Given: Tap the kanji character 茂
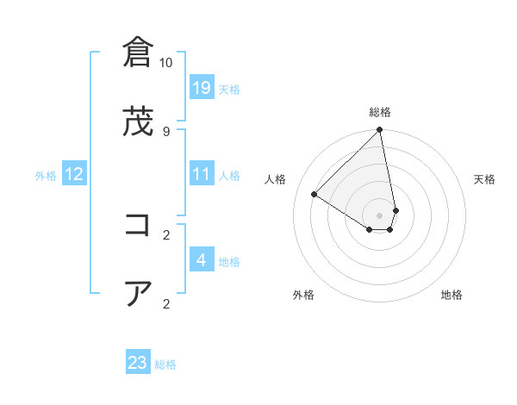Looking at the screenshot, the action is point(138,122).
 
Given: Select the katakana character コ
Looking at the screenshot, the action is point(138,226).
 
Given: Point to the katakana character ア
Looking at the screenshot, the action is point(138,294).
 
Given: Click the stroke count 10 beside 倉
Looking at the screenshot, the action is point(165,63).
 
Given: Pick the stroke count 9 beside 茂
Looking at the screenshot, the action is point(165,131).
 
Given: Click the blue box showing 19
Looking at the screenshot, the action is point(202,88).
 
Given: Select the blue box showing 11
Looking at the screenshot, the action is point(202,174).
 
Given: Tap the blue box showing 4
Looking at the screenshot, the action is point(202,260).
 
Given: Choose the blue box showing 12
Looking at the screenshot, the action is point(74,174).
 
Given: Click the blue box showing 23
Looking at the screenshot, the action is point(138,363).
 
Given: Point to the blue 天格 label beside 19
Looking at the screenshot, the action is point(229,89).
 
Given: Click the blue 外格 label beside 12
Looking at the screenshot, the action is point(46,175).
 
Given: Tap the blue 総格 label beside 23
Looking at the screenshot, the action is point(165,364).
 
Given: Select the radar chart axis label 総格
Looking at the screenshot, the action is point(380,112).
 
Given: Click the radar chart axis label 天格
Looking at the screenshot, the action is point(485,179).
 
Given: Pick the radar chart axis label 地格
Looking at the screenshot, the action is point(452,295).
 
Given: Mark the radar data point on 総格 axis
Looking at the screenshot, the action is point(380,131).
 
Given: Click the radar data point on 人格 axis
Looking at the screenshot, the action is point(315,195).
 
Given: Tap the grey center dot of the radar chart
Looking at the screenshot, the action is point(380,215).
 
